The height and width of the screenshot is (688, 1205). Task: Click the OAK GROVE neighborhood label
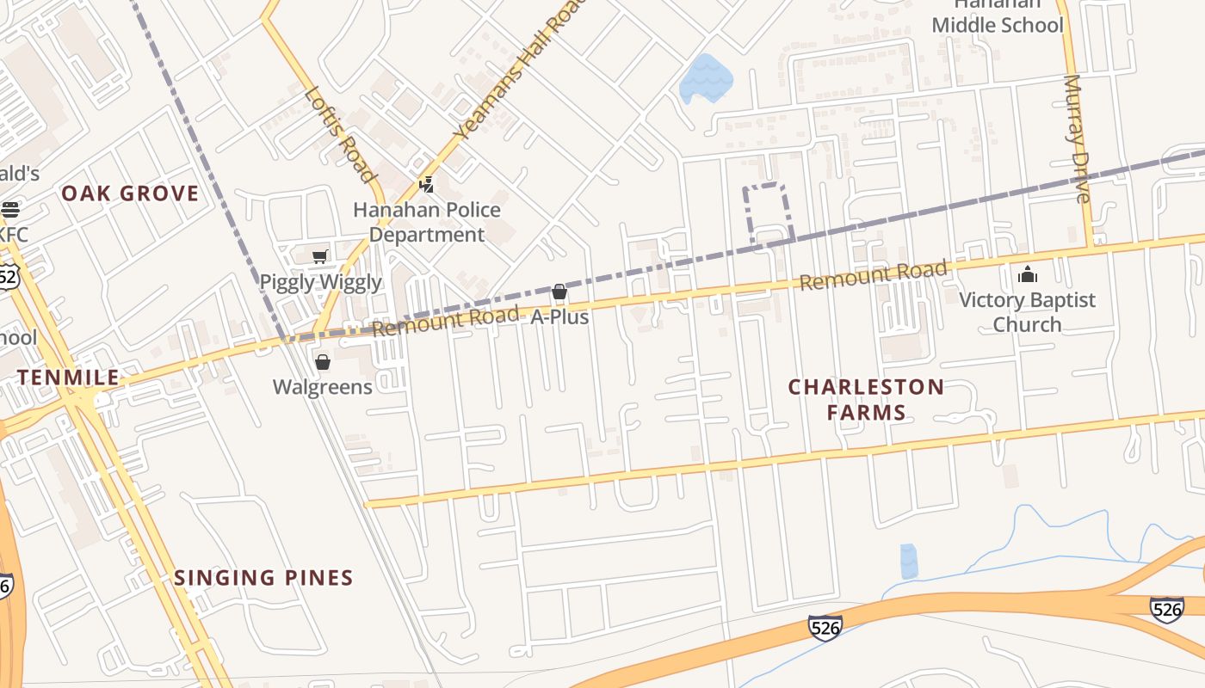tap(130, 193)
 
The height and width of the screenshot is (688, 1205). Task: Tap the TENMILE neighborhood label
tap(69, 378)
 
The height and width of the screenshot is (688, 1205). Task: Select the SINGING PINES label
tap(263, 578)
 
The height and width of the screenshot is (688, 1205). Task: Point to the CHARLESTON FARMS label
tap(866, 399)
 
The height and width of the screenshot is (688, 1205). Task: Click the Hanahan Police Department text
tap(427, 222)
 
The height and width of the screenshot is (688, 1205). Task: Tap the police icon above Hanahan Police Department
tap(426, 184)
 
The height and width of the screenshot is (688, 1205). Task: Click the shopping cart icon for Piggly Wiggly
tap(320, 256)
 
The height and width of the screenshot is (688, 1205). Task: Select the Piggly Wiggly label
tap(320, 282)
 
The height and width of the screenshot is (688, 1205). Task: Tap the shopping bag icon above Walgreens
tap(323, 362)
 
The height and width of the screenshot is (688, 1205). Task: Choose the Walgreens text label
tap(323, 387)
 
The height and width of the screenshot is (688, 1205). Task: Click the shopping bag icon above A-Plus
tap(559, 292)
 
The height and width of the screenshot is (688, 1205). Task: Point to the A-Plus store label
tap(559, 317)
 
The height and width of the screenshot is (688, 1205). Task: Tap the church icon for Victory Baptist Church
tap(1027, 275)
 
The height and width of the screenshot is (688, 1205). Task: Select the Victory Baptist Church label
tap(1027, 312)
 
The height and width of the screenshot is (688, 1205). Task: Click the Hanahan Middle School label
tap(998, 19)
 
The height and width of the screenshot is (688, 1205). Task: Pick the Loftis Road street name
tap(341, 134)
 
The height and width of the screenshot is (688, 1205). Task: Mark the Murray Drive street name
tap(1077, 138)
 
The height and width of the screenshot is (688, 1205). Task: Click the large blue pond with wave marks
tap(706, 79)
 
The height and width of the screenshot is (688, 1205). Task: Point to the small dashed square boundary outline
tap(767, 212)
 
